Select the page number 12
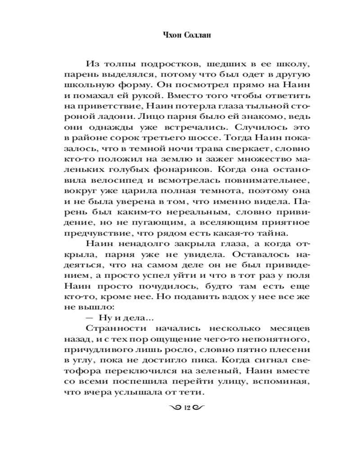pyautogui.click(x=188, y=408)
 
